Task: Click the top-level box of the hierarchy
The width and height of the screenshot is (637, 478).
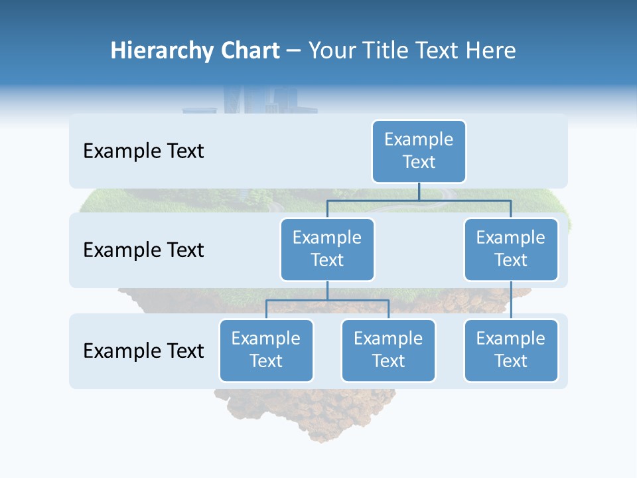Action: (x=419, y=151)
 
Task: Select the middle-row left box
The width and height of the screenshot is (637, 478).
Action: (x=327, y=249)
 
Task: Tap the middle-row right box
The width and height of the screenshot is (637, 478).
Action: (x=511, y=249)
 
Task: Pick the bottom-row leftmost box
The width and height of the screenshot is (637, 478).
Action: (x=266, y=350)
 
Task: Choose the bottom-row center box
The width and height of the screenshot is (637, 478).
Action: (x=388, y=350)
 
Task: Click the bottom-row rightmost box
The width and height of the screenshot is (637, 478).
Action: (x=511, y=350)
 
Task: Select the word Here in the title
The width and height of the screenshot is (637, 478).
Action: (x=491, y=51)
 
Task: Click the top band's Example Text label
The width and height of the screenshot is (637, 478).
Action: (x=143, y=151)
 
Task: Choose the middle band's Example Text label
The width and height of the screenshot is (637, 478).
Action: (x=143, y=250)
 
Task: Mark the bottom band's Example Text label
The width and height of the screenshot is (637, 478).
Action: (x=143, y=351)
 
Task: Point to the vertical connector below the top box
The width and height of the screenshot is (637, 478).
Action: (x=419, y=191)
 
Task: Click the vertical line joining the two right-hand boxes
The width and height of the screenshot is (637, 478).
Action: (x=511, y=299)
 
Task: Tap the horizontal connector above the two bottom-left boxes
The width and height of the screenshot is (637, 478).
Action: (x=327, y=300)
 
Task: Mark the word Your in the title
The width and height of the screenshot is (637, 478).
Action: (x=331, y=51)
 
